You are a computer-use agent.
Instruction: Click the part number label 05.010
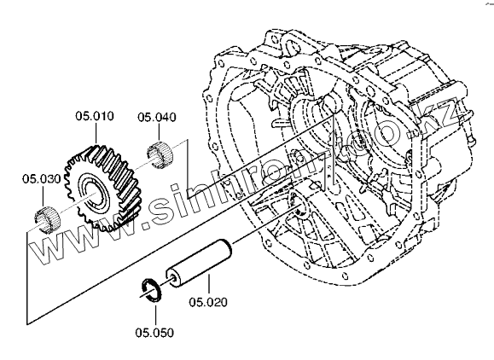[x=95, y=116]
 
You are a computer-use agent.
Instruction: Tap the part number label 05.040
[x=157, y=118]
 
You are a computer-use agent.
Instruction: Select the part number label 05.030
[x=41, y=179]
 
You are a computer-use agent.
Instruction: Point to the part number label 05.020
[x=208, y=302]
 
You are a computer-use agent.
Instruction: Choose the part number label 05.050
[x=154, y=333]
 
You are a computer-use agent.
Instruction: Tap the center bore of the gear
[x=94, y=193]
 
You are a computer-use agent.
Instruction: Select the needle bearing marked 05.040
[x=160, y=155]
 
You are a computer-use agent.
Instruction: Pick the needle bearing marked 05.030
[x=47, y=220]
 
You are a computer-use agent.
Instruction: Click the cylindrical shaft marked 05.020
[x=199, y=264]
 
